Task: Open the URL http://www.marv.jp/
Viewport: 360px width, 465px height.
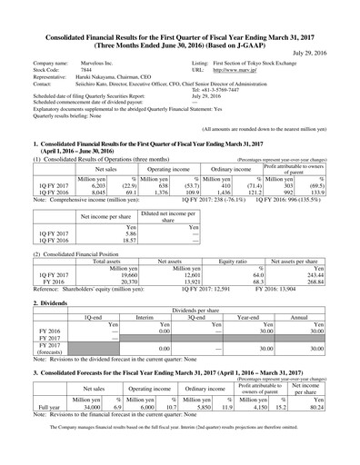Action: (230, 68)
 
